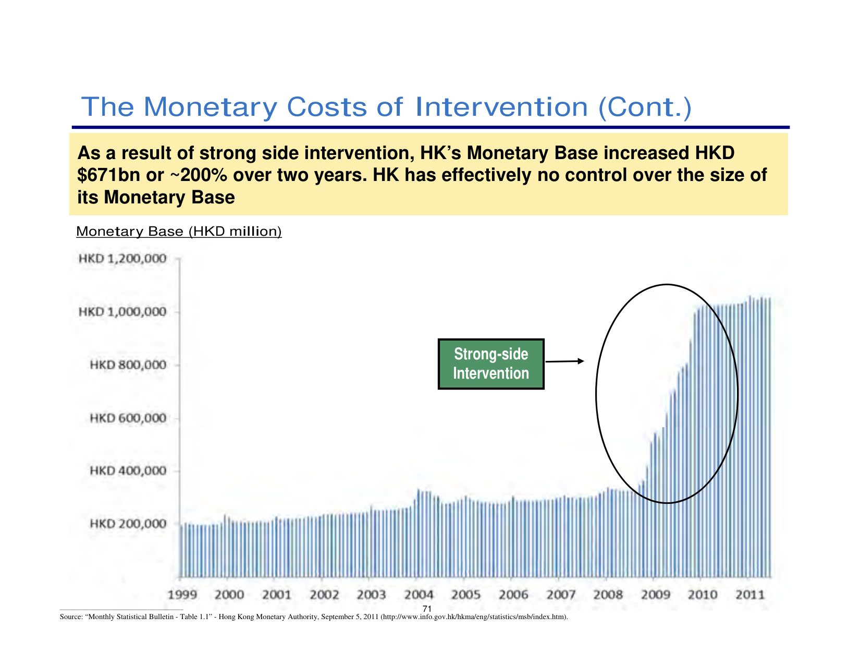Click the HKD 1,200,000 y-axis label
122,259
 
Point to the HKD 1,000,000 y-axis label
122,312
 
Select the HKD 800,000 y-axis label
128,365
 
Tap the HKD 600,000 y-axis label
128,418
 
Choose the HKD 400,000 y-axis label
128,470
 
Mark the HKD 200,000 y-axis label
128,524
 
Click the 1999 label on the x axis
182,595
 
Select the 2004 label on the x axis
419,595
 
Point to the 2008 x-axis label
608,595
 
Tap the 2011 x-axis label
750,595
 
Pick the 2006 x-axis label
513,595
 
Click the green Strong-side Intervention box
491,364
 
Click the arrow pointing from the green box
565,361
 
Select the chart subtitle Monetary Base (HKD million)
179,232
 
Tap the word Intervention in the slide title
502,107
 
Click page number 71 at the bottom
427,609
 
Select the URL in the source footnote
474,617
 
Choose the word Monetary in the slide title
210,107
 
